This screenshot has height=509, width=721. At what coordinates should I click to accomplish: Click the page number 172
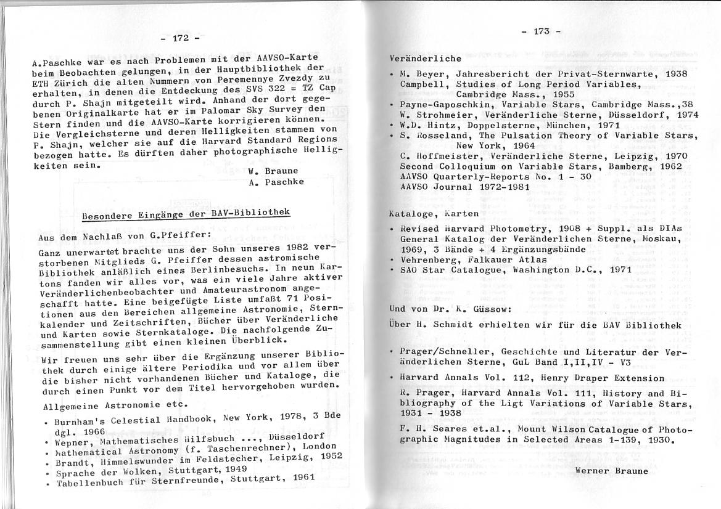[x=179, y=38]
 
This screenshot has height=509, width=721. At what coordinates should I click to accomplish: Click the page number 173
[x=542, y=31]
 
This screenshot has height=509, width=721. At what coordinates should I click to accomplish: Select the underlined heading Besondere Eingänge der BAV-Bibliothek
[x=186, y=214]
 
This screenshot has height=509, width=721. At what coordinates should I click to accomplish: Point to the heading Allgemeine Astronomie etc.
[x=115, y=404]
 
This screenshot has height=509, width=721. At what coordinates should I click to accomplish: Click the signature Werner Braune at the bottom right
[x=611, y=471]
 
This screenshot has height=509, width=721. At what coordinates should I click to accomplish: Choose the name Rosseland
[x=442, y=136]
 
